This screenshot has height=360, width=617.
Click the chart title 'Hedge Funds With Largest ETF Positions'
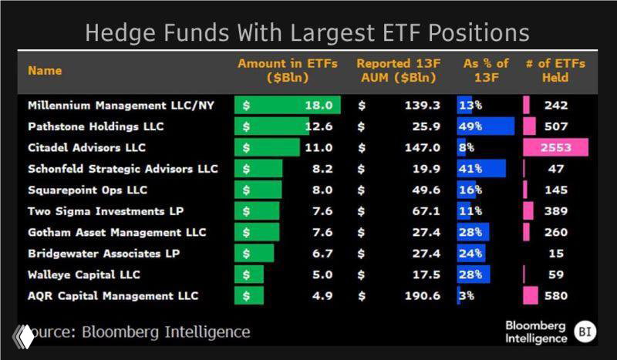307,33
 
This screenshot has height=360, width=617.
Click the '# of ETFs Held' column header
555,70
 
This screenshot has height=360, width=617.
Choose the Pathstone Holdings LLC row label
96,126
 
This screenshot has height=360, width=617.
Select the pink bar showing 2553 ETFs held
555,148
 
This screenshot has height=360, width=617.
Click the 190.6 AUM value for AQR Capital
422,296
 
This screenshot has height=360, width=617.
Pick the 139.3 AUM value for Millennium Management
422,106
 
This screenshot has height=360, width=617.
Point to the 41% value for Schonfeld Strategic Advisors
471,169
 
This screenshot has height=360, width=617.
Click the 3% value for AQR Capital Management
467,296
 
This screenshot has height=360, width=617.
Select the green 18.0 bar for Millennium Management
287,106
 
